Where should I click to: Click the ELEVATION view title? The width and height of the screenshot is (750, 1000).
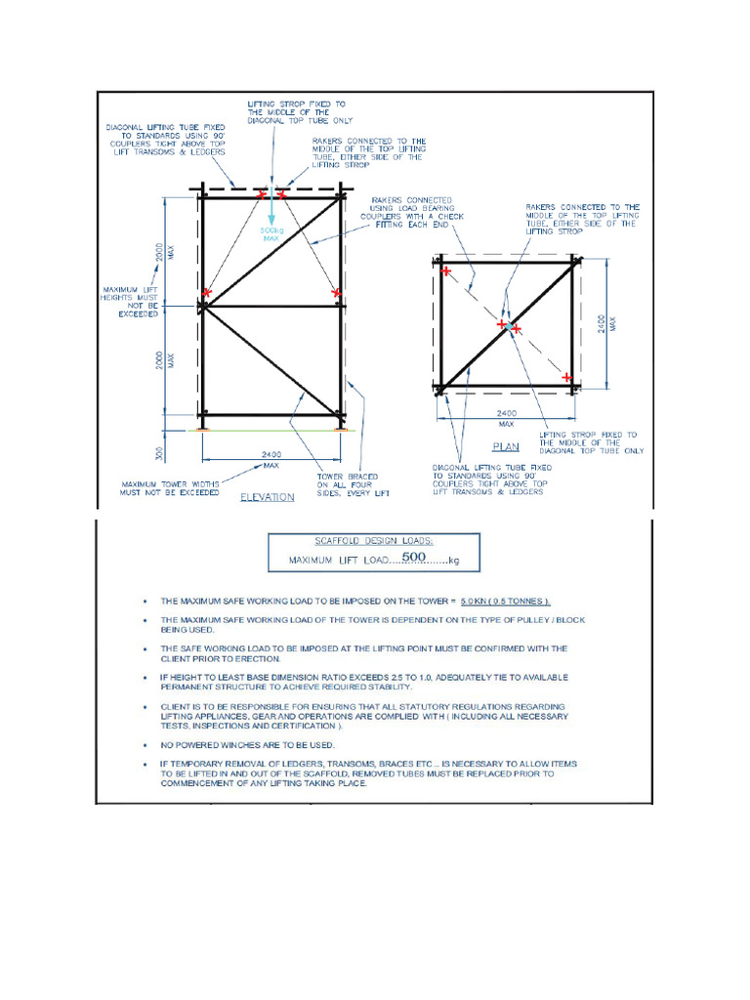click(x=268, y=496)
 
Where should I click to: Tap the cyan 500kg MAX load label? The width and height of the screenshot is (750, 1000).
click(x=271, y=234)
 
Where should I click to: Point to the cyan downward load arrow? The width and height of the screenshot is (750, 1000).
click(x=271, y=208)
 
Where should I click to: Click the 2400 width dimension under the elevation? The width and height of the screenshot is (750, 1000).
click(x=271, y=453)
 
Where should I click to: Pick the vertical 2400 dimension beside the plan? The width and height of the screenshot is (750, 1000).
click(x=612, y=322)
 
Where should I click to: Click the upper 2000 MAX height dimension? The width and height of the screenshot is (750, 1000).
click(x=162, y=251)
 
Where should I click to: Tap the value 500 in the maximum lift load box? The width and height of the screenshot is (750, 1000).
click(x=417, y=559)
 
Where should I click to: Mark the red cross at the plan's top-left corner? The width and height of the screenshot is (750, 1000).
click(x=446, y=271)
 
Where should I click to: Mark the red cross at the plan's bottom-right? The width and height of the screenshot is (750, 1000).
click(x=567, y=376)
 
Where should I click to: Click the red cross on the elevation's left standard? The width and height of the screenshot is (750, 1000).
click(x=207, y=292)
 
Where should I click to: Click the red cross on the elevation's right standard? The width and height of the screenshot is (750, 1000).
click(x=336, y=292)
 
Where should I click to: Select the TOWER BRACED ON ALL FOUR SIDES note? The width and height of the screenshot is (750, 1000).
click(x=347, y=484)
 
